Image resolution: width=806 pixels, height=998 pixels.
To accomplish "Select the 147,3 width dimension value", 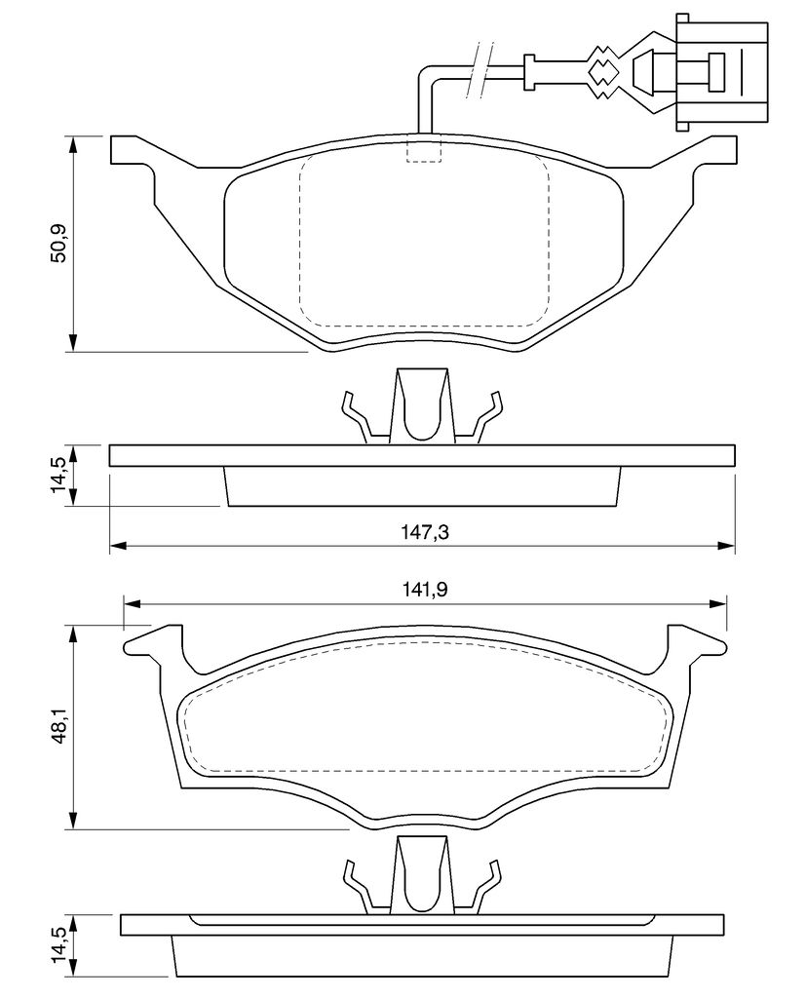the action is pos(425,531).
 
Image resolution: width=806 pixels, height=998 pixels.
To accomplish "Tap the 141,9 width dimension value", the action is pos(425,590).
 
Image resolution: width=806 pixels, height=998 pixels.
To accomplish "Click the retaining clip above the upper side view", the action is pos(422,406).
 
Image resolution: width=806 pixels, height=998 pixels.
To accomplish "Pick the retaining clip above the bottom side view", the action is pos(422,876).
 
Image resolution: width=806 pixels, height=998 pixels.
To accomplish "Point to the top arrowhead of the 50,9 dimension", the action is pos(74,144).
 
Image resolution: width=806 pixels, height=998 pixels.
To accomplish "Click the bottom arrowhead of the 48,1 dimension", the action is pos(74,820).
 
